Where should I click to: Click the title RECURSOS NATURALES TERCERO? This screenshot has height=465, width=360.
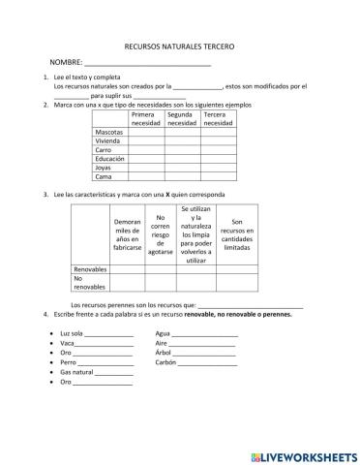coord(180,46)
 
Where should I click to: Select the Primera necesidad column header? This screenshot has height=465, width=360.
coord(146,118)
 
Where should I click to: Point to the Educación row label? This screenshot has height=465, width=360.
coord(112,158)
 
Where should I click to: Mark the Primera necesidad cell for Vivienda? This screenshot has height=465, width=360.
coord(146,140)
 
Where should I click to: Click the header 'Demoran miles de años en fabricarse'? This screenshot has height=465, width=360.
coord(128,233)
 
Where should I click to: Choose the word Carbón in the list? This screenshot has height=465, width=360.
coord(166,362)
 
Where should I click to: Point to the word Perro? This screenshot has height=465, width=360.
coord(68,362)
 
